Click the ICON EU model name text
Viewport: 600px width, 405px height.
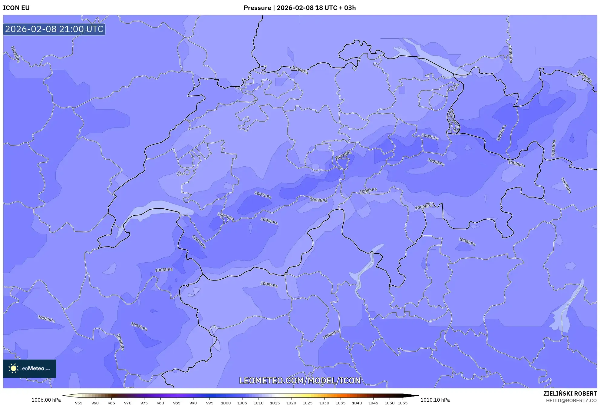point(16,8)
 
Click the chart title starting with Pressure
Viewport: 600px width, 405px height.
point(299,8)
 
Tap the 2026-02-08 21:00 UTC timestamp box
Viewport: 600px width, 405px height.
point(54,29)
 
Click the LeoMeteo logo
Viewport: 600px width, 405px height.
point(30,368)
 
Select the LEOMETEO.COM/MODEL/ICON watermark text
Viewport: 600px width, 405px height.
point(300,380)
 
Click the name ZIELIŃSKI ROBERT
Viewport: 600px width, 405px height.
point(570,393)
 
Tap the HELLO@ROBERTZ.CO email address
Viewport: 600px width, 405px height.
point(571,400)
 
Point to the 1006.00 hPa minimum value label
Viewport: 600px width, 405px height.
point(46,400)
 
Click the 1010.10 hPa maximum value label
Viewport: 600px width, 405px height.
point(435,400)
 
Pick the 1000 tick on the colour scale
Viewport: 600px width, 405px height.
point(226,403)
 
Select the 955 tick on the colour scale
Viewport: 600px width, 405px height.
point(79,403)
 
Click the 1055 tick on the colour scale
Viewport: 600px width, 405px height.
point(403,403)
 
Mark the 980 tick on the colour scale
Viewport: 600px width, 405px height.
point(160,403)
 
